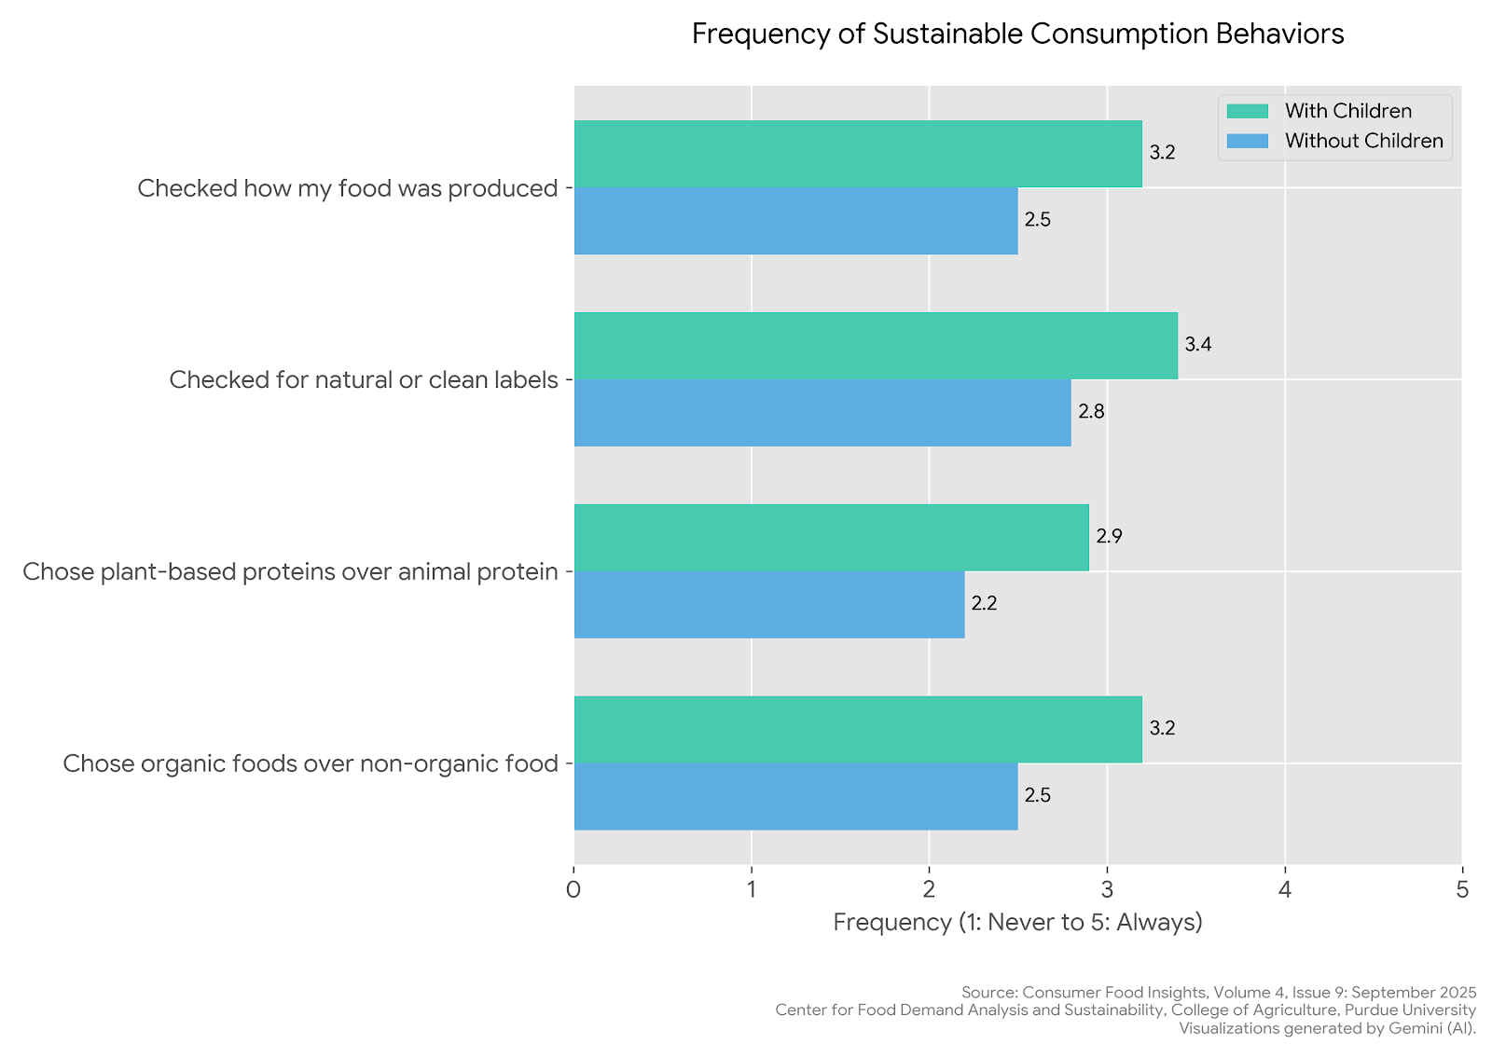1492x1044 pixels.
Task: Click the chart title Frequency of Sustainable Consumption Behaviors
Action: click(1017, 34)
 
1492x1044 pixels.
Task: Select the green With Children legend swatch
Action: click(1247, 111)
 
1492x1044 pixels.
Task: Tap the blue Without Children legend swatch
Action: click(1247, 141)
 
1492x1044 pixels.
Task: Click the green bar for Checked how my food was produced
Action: click(858, 154)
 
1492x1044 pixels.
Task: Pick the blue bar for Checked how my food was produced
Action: click(795, 221)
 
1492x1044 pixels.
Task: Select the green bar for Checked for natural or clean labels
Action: click(876, 346)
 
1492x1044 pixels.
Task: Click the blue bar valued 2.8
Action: click(822, 413)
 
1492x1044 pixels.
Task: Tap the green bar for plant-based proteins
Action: click(831, 538)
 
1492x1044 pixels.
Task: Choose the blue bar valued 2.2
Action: click(769, 605)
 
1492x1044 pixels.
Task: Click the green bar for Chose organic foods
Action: click(858, 730)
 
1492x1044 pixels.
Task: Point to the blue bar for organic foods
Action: click(795, 797)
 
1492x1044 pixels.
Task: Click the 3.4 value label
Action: click(1197, 345)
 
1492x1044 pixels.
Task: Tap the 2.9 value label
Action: click(1109, 537)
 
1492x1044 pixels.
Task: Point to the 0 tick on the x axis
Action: click(573, 890)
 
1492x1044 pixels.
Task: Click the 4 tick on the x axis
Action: click(1285, 890)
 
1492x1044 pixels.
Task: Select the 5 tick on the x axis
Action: click(1462, 890)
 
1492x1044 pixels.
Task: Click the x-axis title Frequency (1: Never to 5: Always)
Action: click(1017, 922)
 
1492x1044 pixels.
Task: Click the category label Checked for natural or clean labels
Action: click(363, 380)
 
